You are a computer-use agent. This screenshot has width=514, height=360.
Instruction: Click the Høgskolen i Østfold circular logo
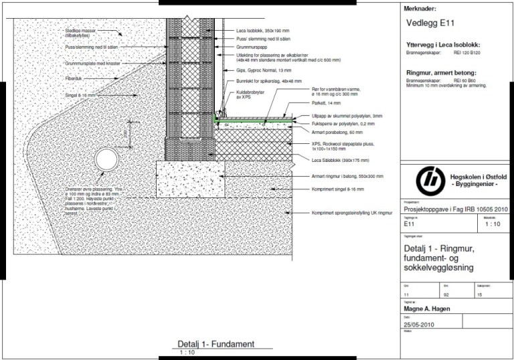pyautogui.click(x=428, y=181)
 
